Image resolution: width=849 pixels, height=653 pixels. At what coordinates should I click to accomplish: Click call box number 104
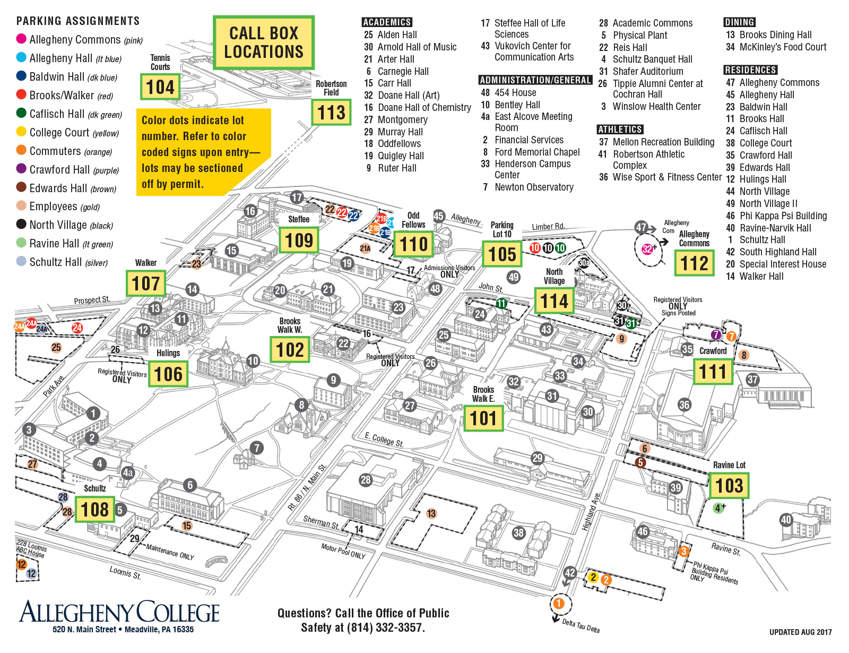point(160,87)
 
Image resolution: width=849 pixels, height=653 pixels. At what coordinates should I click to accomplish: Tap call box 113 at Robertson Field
point(331,113)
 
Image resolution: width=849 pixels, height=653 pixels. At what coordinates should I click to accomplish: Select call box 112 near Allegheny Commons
point(694,263)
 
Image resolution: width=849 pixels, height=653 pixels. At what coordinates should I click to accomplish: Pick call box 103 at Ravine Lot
point(729,485)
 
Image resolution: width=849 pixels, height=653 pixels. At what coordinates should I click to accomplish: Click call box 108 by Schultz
point(94,510)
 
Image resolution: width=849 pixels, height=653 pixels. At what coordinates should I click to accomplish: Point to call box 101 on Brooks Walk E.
point(483,418)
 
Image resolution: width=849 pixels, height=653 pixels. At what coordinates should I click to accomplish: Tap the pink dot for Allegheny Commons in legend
point(21,39)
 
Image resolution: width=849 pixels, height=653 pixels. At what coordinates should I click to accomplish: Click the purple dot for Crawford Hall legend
point(21,169)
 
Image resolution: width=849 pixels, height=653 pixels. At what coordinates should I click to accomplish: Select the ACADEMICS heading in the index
point(387,22)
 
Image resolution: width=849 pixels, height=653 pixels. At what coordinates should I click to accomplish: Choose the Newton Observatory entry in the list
point(534,187)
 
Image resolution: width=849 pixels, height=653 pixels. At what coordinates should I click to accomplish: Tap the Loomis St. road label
point(125,573)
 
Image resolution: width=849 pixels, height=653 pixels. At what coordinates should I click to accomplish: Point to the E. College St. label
point(384,440)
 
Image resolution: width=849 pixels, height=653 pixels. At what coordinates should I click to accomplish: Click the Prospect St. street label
point(92,300)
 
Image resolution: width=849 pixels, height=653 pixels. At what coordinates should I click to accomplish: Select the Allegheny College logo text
point(119,612)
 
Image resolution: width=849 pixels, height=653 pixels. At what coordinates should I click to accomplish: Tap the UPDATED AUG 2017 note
point(800,632)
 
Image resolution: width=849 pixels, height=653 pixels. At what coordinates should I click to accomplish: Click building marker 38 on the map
point(518,532)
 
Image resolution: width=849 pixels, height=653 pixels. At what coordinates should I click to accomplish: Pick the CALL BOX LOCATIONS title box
point(264,42)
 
